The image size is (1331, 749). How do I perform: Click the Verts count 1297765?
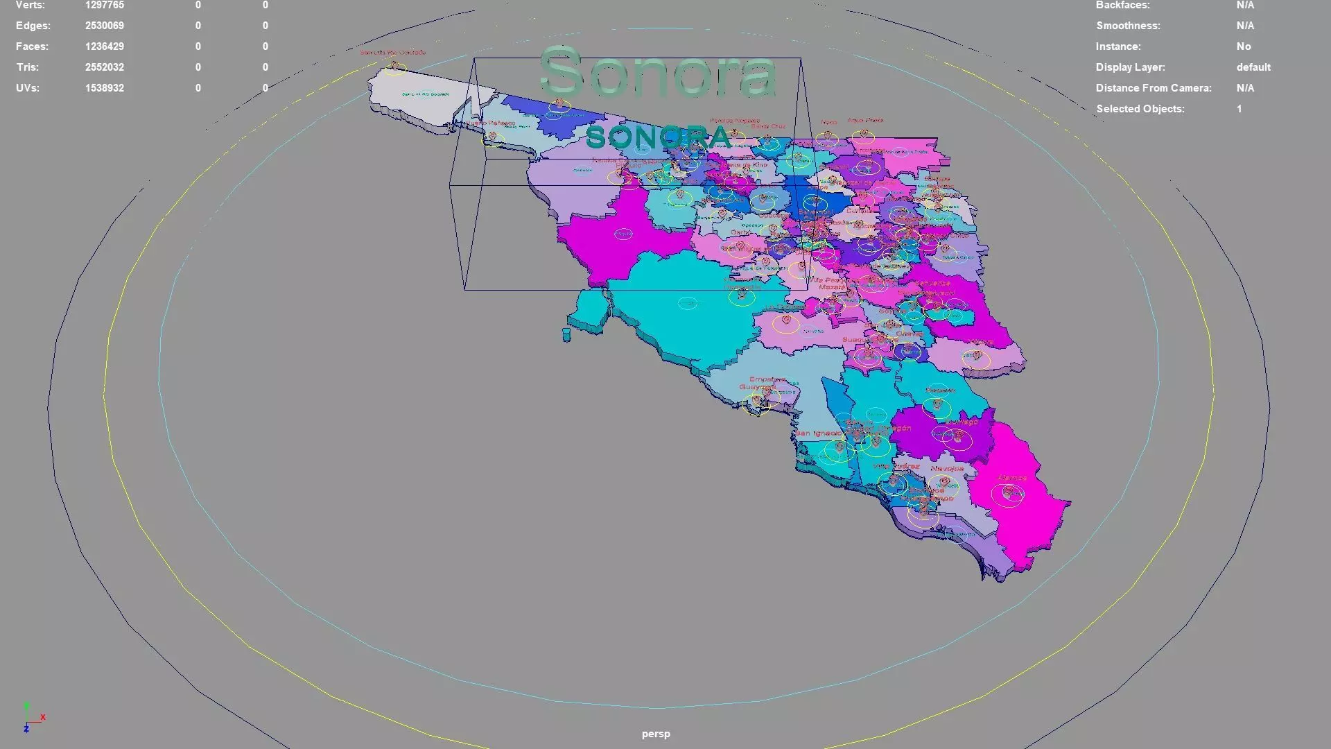click(x=105, y=5)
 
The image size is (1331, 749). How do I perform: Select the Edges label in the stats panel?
click(x=33, y=26)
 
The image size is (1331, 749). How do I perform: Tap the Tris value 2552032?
click(x=105, y=67)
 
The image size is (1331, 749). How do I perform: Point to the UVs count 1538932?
click(x=105, y=88)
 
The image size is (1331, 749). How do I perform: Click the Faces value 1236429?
click(x=105, y=46)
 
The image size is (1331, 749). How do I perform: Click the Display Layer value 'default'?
click(x=1253, y=67)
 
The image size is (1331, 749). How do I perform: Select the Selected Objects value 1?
click(x=1239, y=109)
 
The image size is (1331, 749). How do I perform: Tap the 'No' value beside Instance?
click(x=1244, y=46)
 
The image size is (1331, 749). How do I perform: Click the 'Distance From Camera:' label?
click(x=1154, y=88)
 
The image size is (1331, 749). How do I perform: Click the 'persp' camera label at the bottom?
click(x=656, y=734)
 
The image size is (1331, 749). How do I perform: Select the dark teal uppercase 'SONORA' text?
click(x=658, y=137)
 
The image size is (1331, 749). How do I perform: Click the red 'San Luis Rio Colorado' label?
click(x=392, y=52)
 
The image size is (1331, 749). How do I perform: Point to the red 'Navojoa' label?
click(x=947, y=469)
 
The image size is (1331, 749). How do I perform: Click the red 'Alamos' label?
click(x=1012, y=478)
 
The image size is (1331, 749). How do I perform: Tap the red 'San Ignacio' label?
click(x=818, y=433)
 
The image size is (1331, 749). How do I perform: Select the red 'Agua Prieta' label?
click(x=865, y=120)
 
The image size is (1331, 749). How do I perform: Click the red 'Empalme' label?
click(x=767, y=379)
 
